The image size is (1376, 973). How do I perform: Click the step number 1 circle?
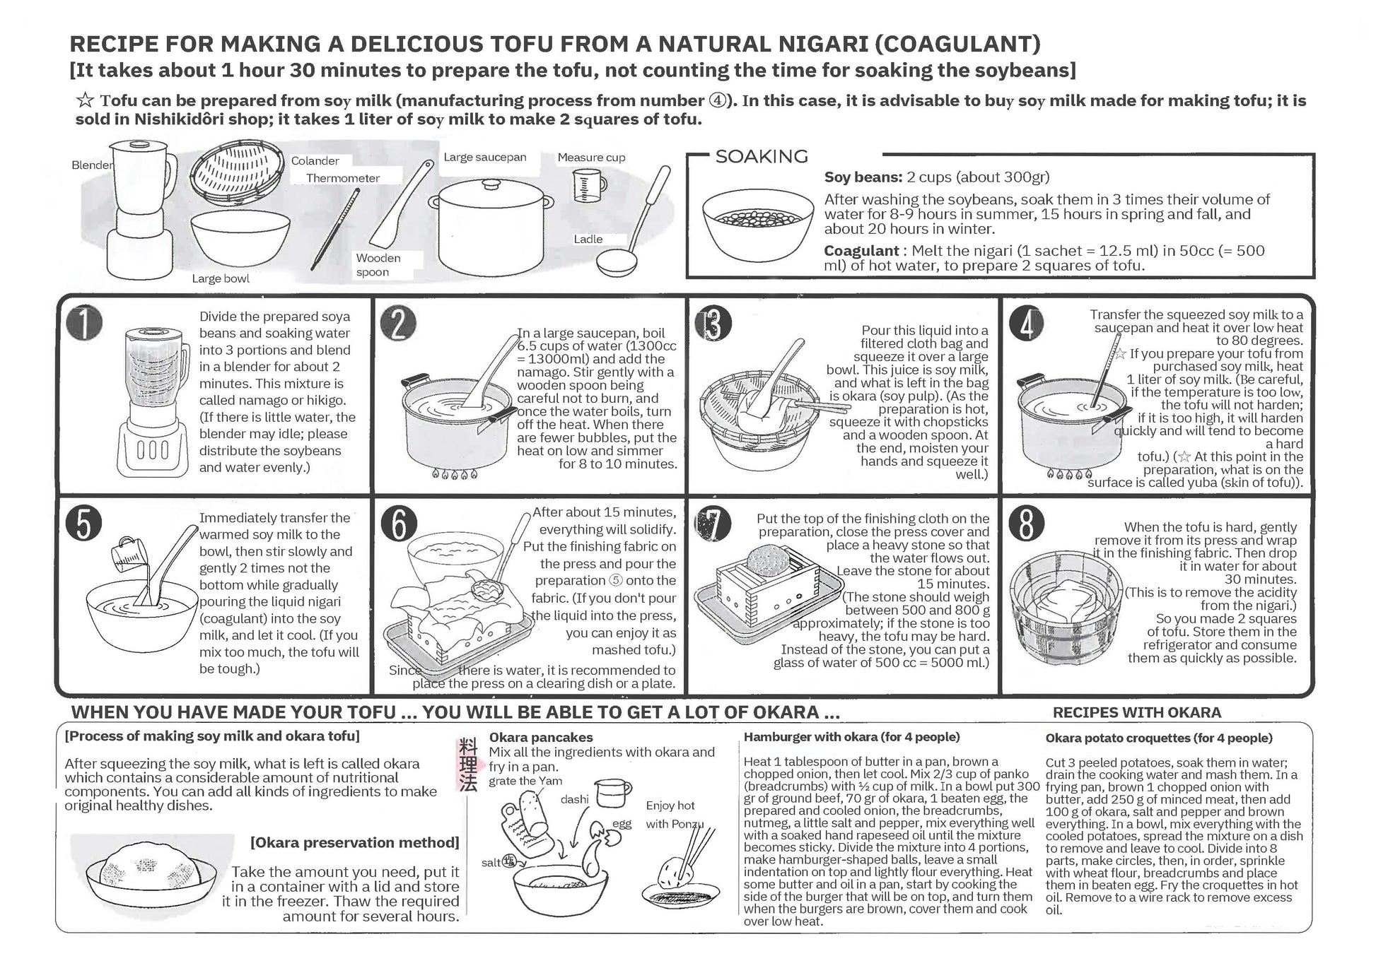tap(84, 324)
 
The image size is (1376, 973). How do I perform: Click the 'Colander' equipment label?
tap(315, 161)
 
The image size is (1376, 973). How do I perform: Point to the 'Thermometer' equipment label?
tap(343, 178)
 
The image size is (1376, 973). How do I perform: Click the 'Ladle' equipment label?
tap(588, 239)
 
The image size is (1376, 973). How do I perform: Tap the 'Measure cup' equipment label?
tap(591, 158)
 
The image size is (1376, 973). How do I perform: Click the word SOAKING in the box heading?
tap(762, 156)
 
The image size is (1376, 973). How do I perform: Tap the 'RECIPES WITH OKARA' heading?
tap(1137, 713)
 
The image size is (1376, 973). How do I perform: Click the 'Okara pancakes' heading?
tap(541, 738)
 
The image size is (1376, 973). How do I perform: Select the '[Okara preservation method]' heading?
tap(354, 842)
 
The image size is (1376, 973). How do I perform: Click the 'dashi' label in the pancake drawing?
tap(574, 799)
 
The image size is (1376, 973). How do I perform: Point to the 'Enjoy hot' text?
tap(670, 806)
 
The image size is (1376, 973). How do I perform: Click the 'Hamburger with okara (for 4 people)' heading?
tap(852, 738)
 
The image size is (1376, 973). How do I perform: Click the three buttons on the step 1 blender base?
tap(151, 449)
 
